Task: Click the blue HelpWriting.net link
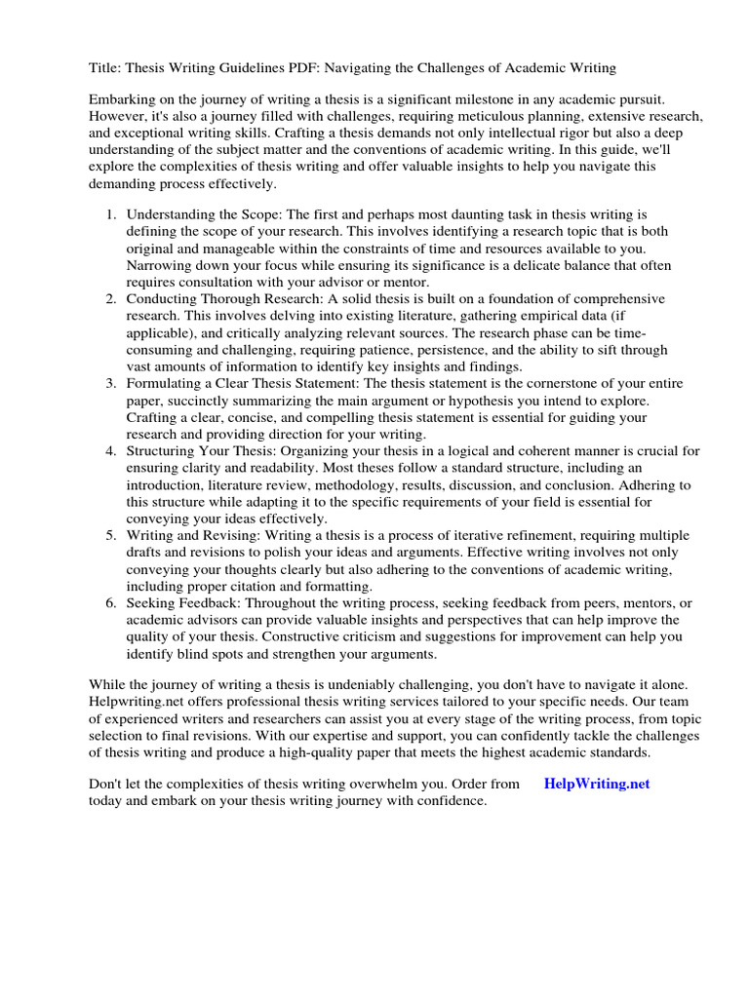coord(597,784)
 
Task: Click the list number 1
coord(111,213)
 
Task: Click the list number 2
coord(111,298)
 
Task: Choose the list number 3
coord(111,383)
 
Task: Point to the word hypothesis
coord(520,401)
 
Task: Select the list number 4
coord(111,451)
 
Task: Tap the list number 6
coord(111,604)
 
